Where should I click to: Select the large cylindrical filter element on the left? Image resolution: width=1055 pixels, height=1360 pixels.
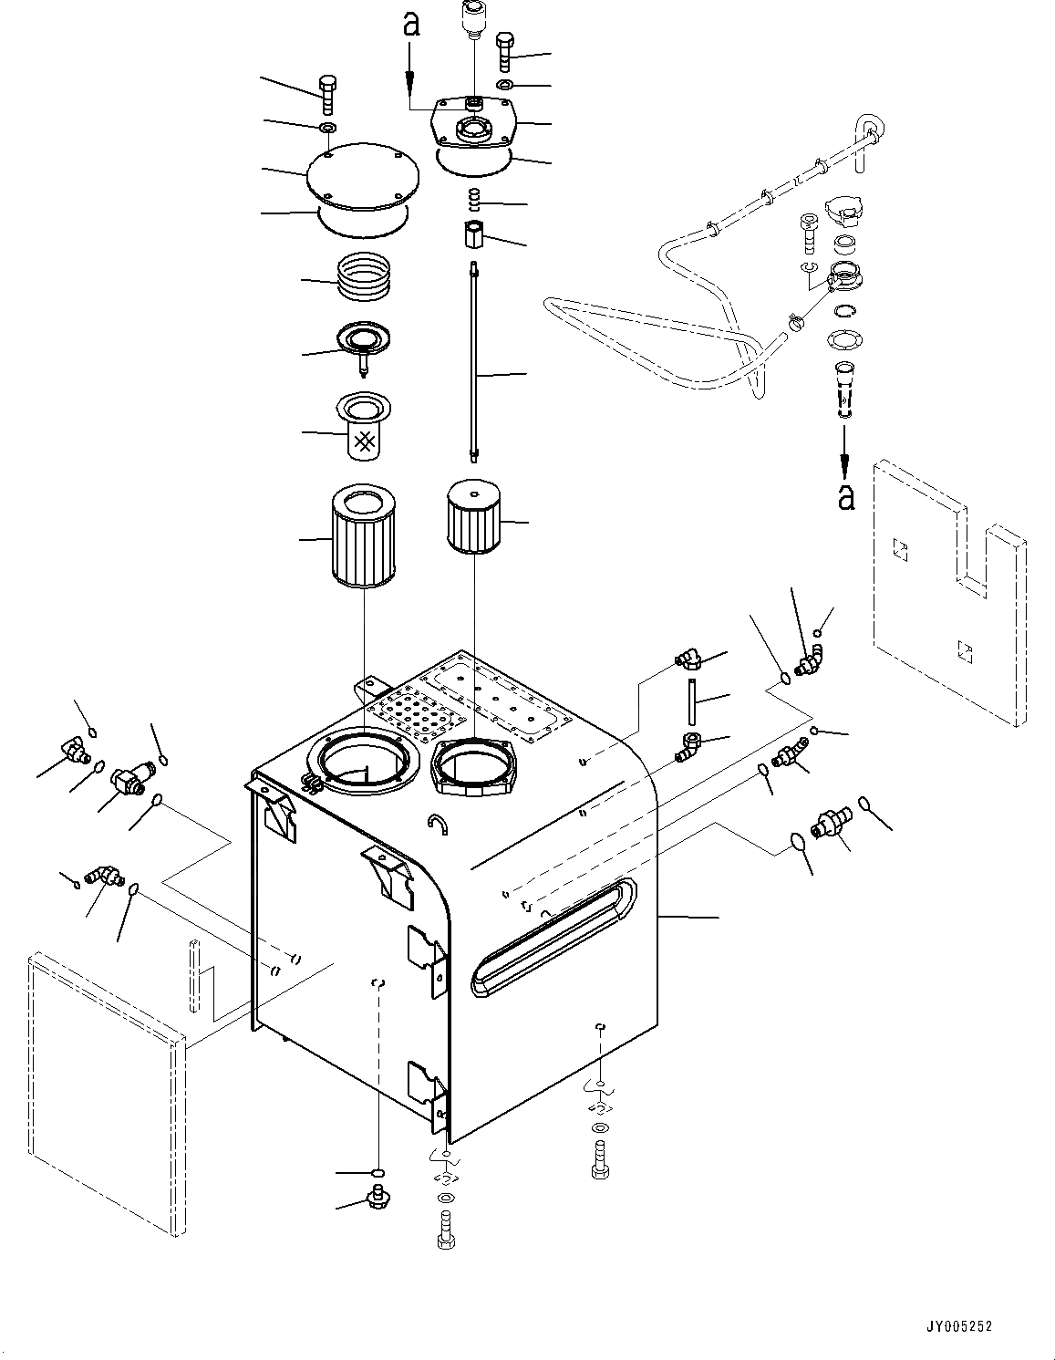coord(363,536)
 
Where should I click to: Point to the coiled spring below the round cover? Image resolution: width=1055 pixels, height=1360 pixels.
coord(363,275)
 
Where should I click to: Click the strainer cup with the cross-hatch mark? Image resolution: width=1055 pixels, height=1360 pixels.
coord(363,426)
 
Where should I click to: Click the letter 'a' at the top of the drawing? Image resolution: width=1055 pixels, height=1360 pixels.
coord(411,26)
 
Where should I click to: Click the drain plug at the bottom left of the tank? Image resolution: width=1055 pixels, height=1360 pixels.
coord(375,1196)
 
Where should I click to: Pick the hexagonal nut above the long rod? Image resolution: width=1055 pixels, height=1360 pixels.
coord(472,234)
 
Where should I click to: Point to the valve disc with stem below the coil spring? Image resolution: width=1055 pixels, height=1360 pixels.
coord(363,342)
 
